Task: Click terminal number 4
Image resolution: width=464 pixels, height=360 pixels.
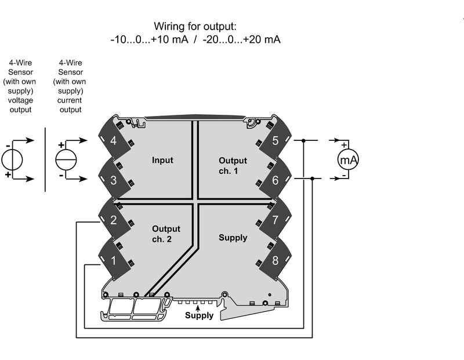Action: [x=113, y=141]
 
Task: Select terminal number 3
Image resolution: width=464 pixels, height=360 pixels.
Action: [x=113, y=180]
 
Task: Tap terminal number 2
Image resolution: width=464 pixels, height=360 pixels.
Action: [x=113, y=220]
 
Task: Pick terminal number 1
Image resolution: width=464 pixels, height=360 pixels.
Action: [x=113, y=260]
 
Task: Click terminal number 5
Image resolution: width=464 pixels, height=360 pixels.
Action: [x=275, y=141]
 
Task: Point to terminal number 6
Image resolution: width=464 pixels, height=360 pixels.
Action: [x=275, y=180]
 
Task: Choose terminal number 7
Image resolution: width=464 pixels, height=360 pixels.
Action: [x=275, y=220]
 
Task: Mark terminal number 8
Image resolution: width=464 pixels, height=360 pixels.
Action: [x=275, y=260]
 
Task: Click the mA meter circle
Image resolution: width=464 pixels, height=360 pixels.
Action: [x=348, y=159]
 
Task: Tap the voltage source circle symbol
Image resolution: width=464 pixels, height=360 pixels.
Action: [x=12, y=159]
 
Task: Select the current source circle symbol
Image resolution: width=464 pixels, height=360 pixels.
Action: [x=66, y=159]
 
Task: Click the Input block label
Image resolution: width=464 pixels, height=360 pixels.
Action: [x=162, y=160]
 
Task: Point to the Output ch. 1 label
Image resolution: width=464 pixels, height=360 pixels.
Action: [x=233, y=165]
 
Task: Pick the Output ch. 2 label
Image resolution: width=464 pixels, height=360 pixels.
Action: [x=166, y=234]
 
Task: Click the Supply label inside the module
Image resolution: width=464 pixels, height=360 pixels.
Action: [x=233, y=238]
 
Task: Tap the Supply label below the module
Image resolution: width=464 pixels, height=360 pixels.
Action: [x=199, y=316]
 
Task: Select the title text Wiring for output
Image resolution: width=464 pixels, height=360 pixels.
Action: [x=195, y=27]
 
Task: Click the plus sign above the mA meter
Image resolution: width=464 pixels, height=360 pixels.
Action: [x=344, y=145]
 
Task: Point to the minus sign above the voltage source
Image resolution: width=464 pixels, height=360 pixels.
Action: [x=8, y=145]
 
